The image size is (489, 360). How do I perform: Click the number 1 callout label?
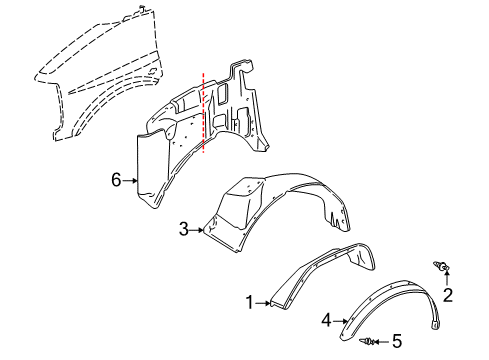[250, 302]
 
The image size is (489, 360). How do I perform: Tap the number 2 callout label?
[447, 294]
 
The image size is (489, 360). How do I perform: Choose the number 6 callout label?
[116, 180]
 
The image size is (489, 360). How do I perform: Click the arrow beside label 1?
[263, 302]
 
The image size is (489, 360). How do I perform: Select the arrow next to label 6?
[130, 180]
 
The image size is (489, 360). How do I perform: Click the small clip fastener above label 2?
[441, 265]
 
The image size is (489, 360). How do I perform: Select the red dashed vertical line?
[203, 110]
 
